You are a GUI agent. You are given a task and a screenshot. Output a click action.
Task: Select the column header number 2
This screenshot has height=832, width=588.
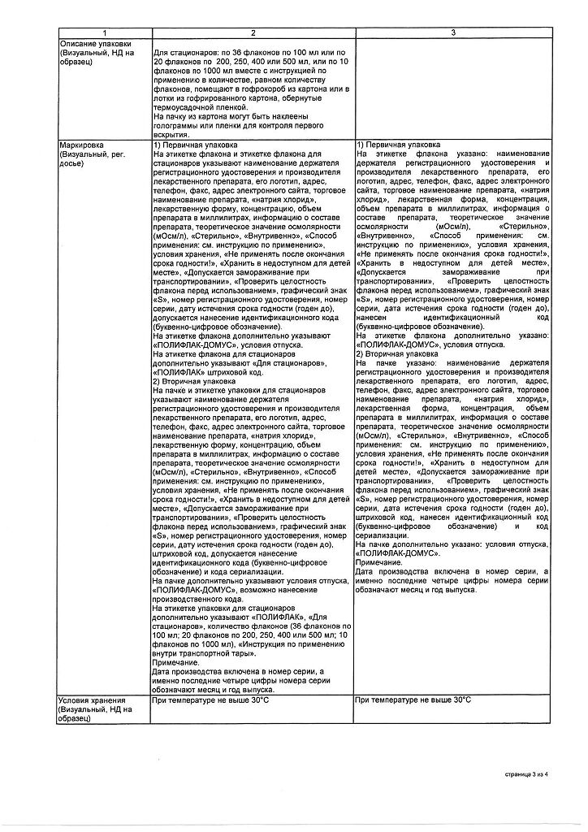point(253,32)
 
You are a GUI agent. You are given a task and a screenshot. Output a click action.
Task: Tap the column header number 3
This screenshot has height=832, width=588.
point(454,32)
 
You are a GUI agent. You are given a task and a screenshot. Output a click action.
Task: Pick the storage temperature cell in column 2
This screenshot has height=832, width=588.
point(210,699)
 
